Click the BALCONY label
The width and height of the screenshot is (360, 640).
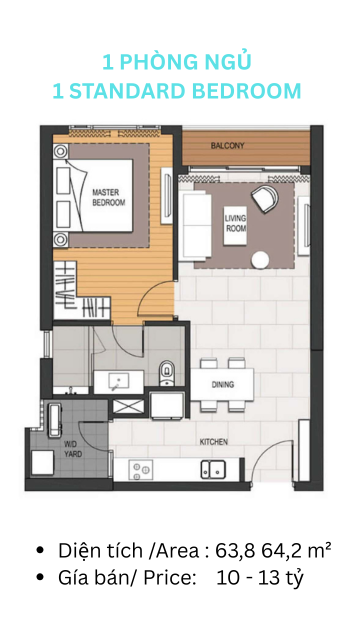tap(227, 145)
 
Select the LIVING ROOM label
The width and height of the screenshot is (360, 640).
tap(236, 223)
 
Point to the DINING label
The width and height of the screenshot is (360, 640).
tap(223, 384)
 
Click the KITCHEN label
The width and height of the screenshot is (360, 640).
tap(213, 442)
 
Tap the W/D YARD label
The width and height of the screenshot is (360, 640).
tap(73, 449)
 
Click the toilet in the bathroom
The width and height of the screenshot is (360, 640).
tap(166, 373)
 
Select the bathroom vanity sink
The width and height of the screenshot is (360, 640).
tap(118, 382)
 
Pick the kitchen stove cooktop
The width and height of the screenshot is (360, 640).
tap(141, 470)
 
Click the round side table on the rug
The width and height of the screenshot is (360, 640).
tap(260, 260)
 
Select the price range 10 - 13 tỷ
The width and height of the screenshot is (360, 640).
tap(260, 578)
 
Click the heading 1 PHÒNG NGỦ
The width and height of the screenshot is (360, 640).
tap(176, 61)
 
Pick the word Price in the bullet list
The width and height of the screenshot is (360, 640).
tap(170, 578)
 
